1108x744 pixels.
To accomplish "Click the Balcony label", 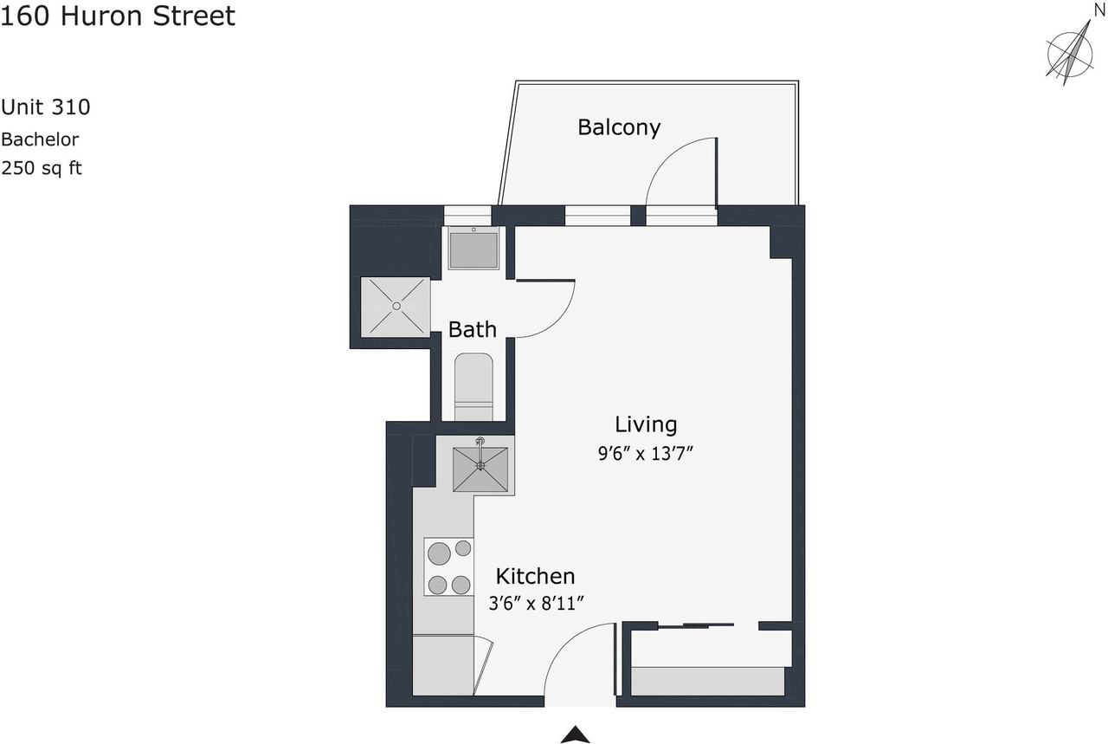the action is (x=619, y=127).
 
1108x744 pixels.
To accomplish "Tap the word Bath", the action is (x=473, y=329).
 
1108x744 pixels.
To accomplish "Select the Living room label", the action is (x=646, y=424).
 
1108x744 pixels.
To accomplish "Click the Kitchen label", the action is (x=535, y=576).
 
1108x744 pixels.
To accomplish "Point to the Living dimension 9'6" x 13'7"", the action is (x=646, y=454).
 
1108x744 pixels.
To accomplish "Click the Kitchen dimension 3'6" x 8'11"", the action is (x=536, y=604).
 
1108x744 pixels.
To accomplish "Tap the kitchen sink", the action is (x=480, y=469).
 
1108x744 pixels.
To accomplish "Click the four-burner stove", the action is (x=448, y=566).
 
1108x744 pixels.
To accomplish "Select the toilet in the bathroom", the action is (x=473, y=386).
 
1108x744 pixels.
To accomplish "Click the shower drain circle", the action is (x=396, y=307).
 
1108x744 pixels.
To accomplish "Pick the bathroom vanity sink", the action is (x=473, y=249).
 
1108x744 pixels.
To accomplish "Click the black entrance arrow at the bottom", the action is (x=576, y=734).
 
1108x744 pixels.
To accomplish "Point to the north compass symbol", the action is (x=1070, y=53).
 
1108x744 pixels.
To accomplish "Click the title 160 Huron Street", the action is (x=118, y=16).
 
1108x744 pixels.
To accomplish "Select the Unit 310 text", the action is (x=46, y=107).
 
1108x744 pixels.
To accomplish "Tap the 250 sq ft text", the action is (x=42, y=168).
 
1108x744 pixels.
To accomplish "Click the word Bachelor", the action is (x=40, y=139).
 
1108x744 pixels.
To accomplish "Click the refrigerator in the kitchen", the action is (x=443, y=665).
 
